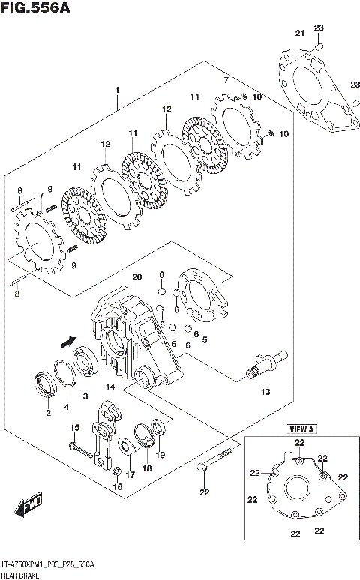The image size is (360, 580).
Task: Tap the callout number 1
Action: (x=117, y=91)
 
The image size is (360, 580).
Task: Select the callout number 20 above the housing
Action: (x=136, y=277)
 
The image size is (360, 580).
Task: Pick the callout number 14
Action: (x=109, y=387)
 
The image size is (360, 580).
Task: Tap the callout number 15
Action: (x=74, y=427)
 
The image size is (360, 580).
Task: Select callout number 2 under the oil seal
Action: (x=48, y=413)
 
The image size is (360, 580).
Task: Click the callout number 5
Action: (x=205, y=339)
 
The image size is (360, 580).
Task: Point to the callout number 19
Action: (x=160, y=454)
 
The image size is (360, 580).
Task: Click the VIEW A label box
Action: (x=300, y=430)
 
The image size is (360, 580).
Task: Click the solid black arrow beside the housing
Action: (x=67, y=341)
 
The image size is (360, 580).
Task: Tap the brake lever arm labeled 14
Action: (x=106, y=435)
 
